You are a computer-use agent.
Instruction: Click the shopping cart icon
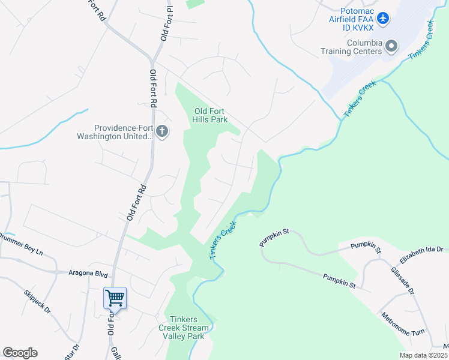[x=115, y=297]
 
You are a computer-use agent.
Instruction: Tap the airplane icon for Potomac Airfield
[x=384, y=19]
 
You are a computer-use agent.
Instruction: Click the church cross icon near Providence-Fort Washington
[x=161, y=130]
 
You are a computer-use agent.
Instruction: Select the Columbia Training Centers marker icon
[x=392, y=46]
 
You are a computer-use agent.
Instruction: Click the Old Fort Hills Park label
[x=211, y=115]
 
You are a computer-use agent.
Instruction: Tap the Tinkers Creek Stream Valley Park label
[x=184, y=328]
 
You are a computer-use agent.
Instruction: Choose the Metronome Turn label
[x=402, y=324]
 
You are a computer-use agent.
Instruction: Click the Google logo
[x=19, y=353]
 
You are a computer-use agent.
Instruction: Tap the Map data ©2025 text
[x=423, y=355]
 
